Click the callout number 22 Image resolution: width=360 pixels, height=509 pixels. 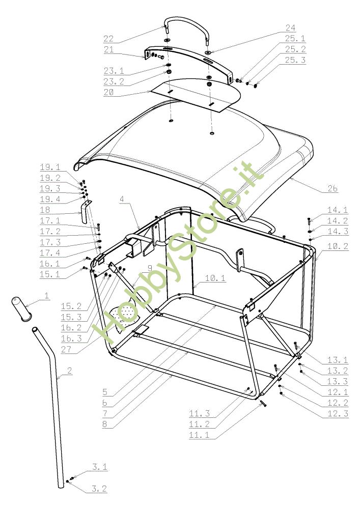[x=108, y=39]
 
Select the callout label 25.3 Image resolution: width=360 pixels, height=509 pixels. [x=295, y=60]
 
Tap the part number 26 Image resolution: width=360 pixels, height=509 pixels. [x=333, y=188]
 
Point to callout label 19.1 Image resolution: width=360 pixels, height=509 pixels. [x=50, y=167]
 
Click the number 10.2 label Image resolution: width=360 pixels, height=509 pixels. [x=338, y=246]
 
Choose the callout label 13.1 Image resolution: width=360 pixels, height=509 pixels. [x=338, y=360]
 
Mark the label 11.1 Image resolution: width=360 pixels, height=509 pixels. [x=199, y=435]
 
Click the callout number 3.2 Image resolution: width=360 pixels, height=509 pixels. [x=99, y=489]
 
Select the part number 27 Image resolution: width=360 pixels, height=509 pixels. [x=66, y=349]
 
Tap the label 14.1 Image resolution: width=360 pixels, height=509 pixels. [x=338, y=210]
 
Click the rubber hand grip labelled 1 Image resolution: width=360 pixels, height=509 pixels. [x=20, y=309]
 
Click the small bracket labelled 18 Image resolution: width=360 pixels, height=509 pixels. [x=86, y=211]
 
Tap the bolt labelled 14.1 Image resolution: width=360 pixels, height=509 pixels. [x=309, y=222]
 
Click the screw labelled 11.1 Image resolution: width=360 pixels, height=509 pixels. [x=263, y=403]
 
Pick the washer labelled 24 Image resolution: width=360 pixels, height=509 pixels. [x=207, y=52]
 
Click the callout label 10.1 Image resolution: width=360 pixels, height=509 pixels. [x=215, y=278]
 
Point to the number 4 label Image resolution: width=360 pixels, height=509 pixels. [x=122, y=199]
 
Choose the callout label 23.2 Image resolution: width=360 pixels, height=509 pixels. [x=114, y=81]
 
